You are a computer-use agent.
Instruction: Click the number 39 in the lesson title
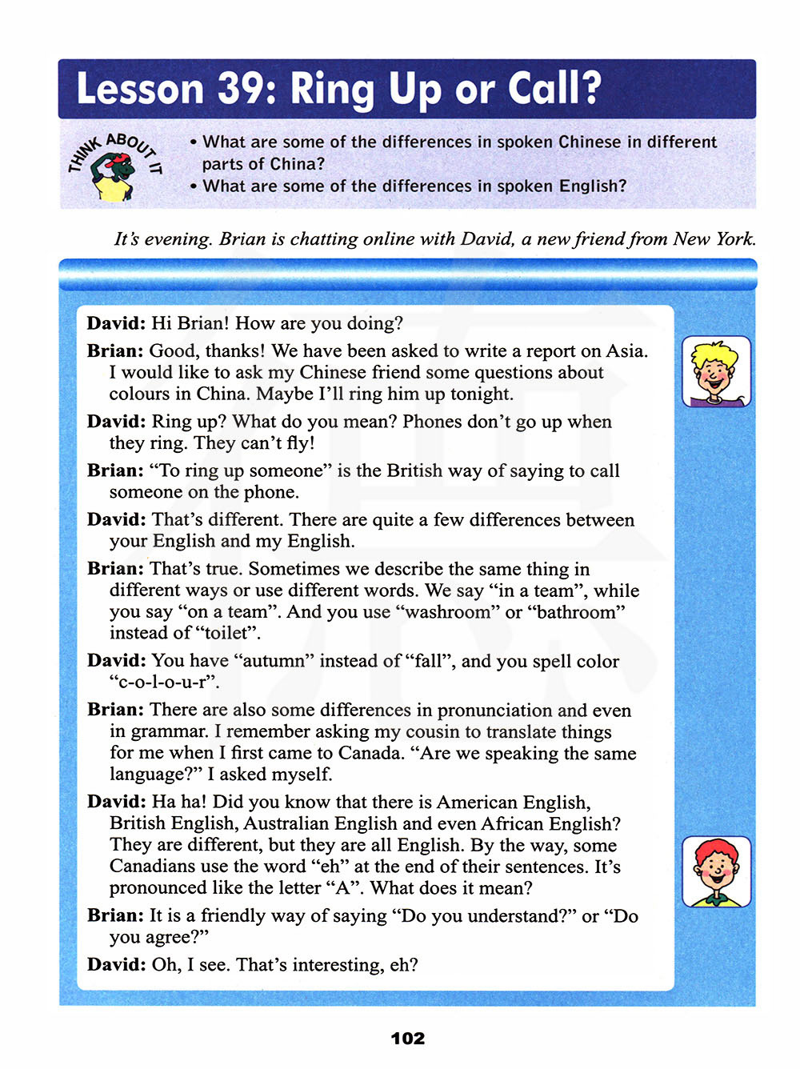coord(239,89)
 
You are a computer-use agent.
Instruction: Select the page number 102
coord(407,1038)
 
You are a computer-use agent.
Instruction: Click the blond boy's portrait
coord(716,371)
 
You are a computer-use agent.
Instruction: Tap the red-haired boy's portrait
coord(716,871)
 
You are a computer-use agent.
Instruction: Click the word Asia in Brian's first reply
coord(625,350)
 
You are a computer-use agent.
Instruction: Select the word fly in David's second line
coord(298,443)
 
